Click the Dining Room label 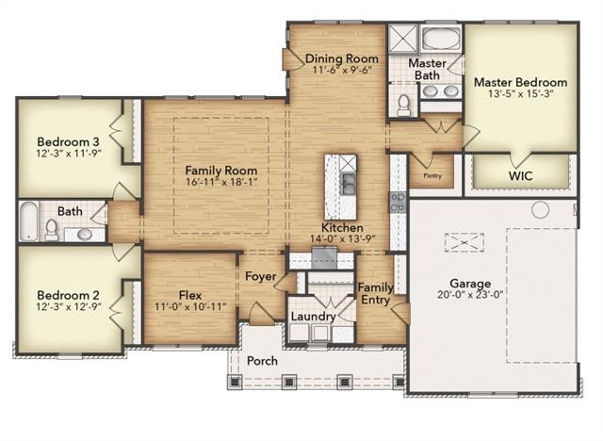pos(342,59)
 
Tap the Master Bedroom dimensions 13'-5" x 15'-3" pos(520,96)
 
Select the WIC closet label pos(521,175)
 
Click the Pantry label pos(432,175)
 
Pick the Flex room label pos(189,294)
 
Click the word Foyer pos(260,277)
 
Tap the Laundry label pos(312,317)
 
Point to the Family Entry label pos(376,293)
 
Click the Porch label pos(263,361)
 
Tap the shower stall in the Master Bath pos(402,41)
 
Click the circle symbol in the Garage pos(540,208)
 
